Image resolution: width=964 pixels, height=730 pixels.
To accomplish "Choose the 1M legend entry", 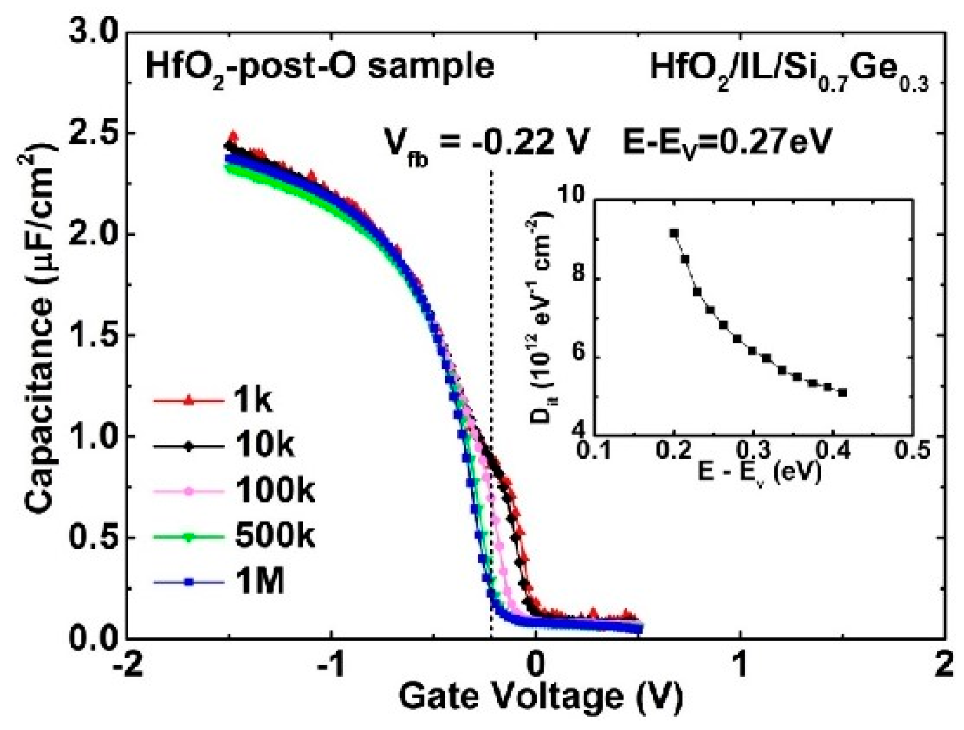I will pyautogui.click(x=218, y=582).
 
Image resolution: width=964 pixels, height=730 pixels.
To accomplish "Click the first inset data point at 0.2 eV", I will pyautogui.click(x=674, y=234).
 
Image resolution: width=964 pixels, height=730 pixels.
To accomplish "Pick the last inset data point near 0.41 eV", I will pyautogui.click(x=842, y=393).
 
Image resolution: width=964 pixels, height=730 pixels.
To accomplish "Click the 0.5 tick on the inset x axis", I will pyautogui.click(x=912, y=451).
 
